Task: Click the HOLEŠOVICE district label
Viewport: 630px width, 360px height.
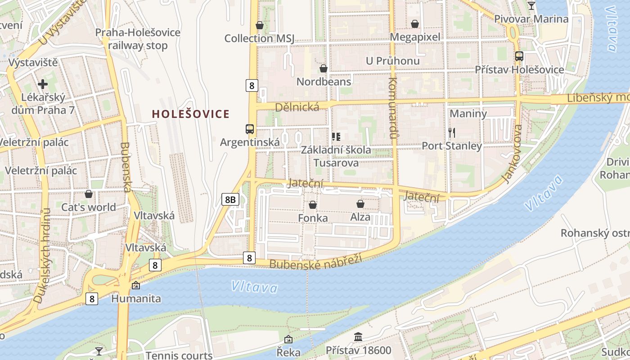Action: pyautogui.click(x=191, y=114)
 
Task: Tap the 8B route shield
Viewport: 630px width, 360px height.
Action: pyautogui.click(x=230, y=199)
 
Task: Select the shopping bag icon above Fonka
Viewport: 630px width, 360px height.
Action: pyautogui.click(x=313, y=205)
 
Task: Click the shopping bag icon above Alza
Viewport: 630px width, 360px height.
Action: pyautogui.click(x=360, y=204)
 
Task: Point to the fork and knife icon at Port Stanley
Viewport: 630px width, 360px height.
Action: pyautogui.click(x=452, y=132)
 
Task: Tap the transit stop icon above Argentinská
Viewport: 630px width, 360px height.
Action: pyautogui.click(x=250, y=129)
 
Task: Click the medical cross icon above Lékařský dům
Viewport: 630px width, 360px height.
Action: pyautogui.click(x=43, y=84)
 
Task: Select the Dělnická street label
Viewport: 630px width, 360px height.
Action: pyautogui.click(x=297, y=107)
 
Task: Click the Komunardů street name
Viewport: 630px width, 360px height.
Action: pyautogui.click(x=393, y=108)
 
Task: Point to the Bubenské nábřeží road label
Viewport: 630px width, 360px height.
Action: pyautogui.click(x=315, y=262)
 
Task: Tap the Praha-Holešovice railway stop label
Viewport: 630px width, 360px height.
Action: pyautogui.click(x=138, y=39)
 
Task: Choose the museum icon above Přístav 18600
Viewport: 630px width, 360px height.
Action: pyautogui.click(x=358, y=337)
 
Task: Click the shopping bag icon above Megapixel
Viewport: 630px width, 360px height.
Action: pyautogui.click(x=415, y=24)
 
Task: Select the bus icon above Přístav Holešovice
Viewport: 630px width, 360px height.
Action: pyautogui.click(x=519, y=56)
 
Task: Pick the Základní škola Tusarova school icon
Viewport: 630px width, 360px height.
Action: pyautogui.click(x=336, y=136)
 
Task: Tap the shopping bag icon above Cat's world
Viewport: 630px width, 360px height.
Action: pyautogui.click(x=89, y=194)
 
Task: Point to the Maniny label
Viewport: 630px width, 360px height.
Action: pyautogui.click(x=468, y=113)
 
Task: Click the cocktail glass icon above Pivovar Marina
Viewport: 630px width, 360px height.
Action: pyautogui.click(x=531, y=6)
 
